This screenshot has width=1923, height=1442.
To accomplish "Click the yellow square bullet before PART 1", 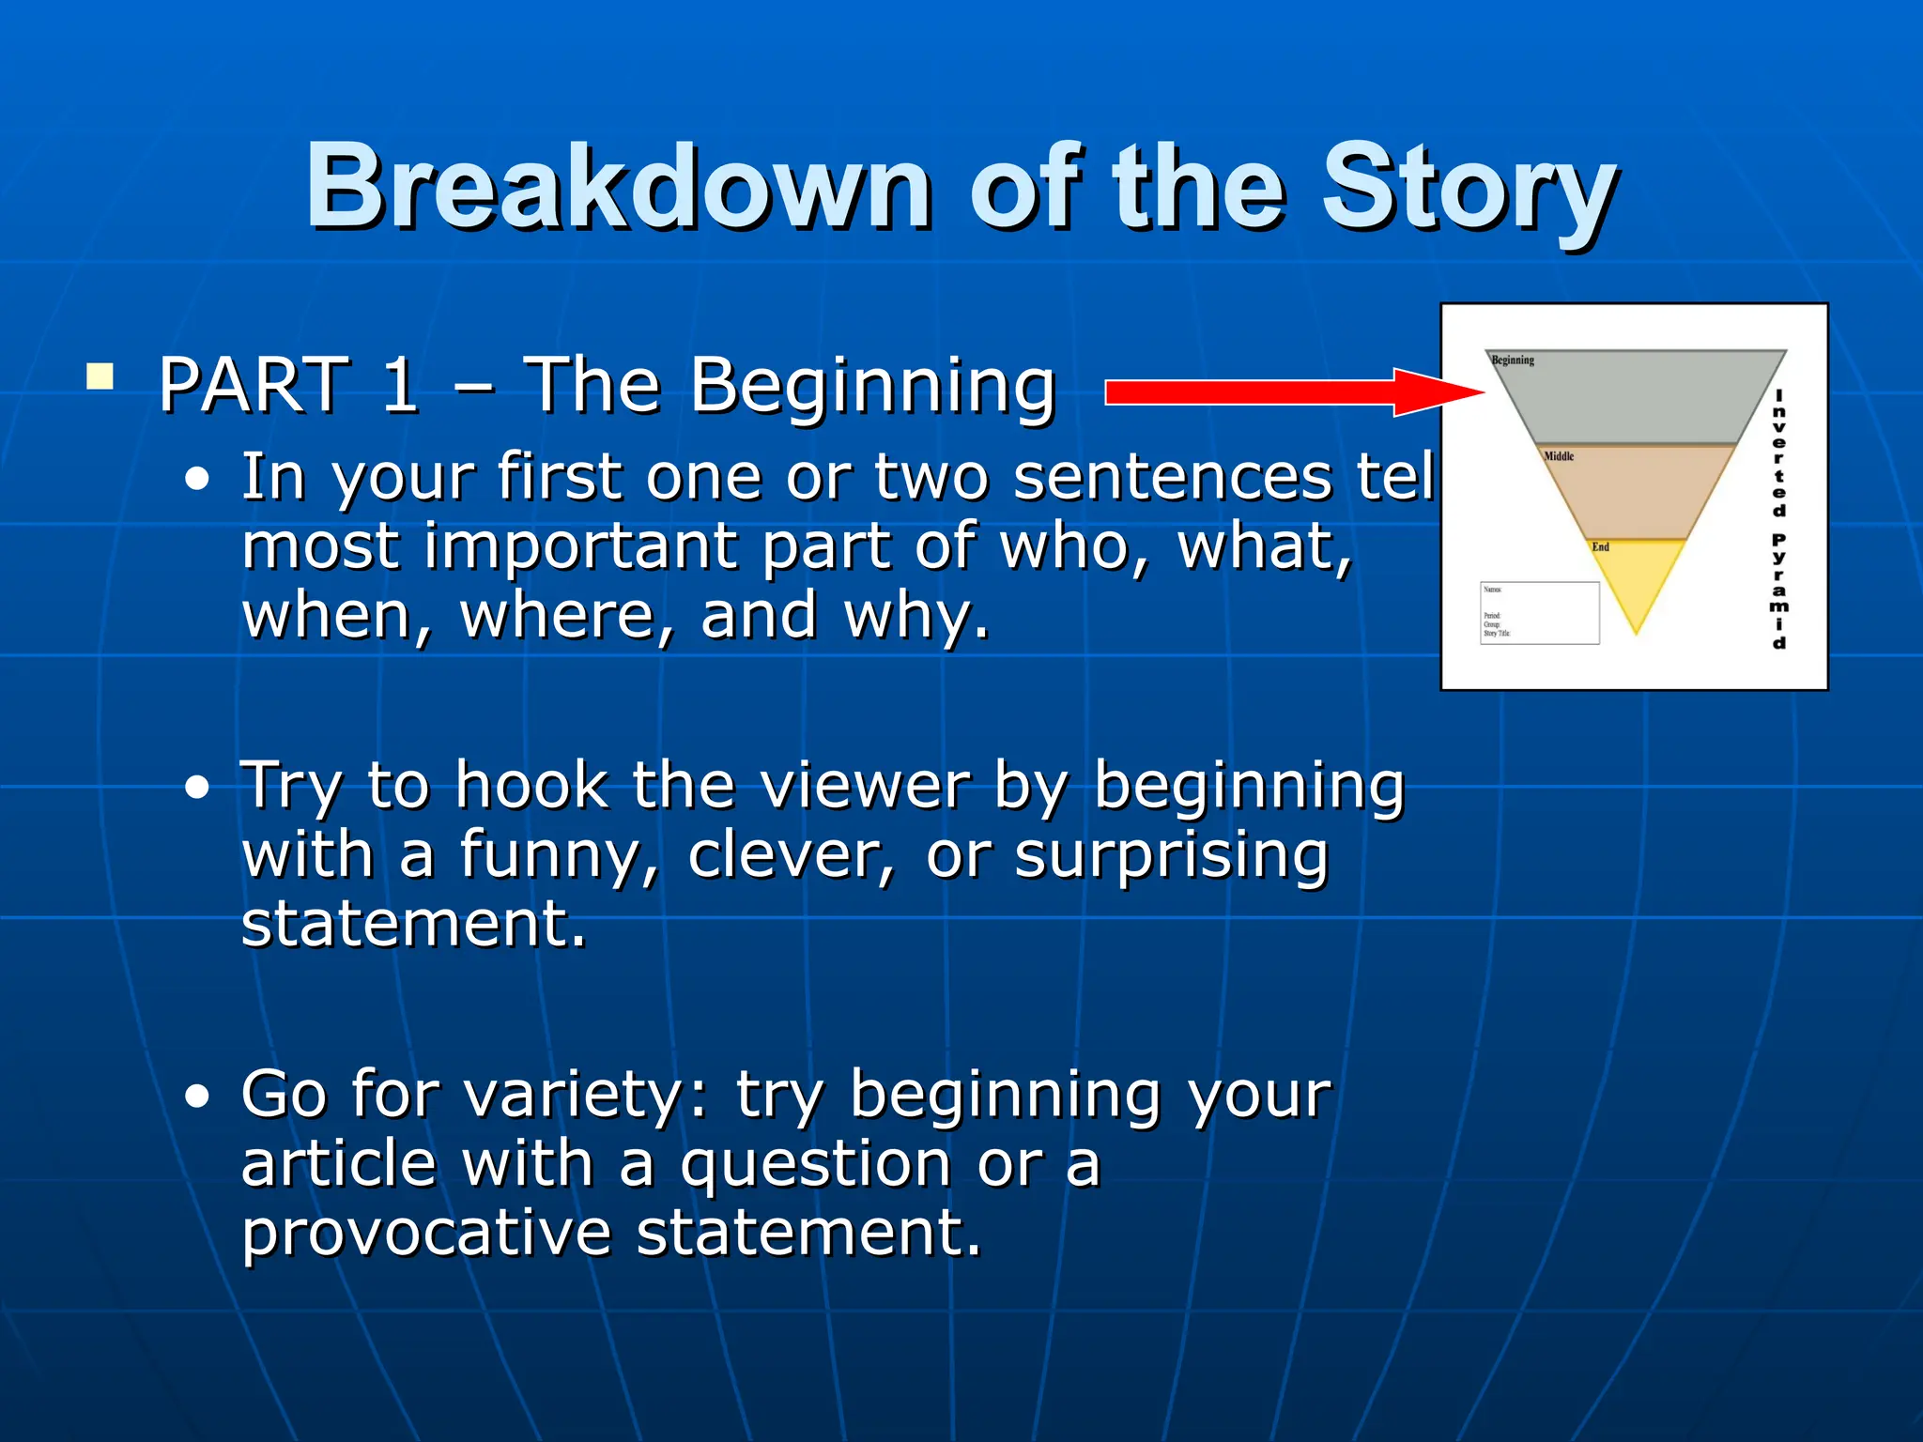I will pyautogui.click(x=100, y=377).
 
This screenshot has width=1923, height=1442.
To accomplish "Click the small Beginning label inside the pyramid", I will pyautogui.click(x=1513, y=360).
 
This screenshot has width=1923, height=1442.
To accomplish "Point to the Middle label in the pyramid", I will pyautogui.click(x=1559, y=456).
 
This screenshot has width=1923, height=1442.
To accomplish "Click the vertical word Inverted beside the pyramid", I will pyautogui.click(x=1778, y=453).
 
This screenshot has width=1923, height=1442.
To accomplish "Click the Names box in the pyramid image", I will pyautogui.click(x=1540, y=612).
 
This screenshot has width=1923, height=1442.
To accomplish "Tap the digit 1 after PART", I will pyautogui.click(x=399, y=385).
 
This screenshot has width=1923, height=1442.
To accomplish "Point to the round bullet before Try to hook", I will pyautogui.click(x=197, y=788).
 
